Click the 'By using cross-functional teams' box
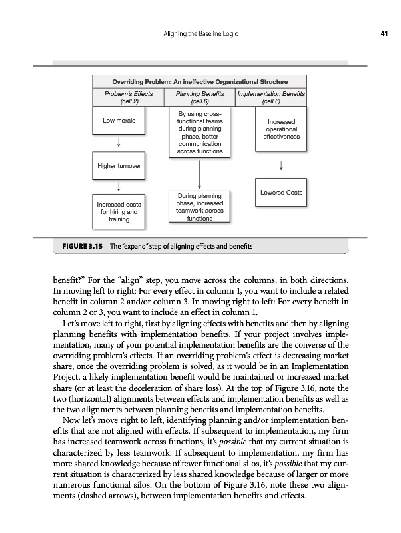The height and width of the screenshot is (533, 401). pos(200,133)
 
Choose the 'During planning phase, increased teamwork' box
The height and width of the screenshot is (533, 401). pos(200,207)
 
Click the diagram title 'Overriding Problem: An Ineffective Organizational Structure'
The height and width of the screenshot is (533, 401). pos(200,81)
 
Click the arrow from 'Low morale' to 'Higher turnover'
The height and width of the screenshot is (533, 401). pos(119,142)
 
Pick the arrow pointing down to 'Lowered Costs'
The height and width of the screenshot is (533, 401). pos(282,164)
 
